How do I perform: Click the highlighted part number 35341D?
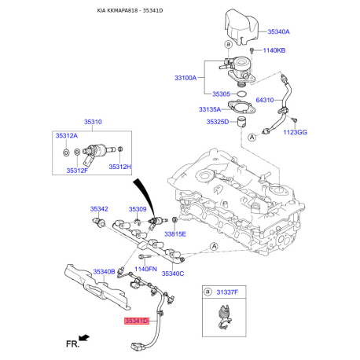(137, 321)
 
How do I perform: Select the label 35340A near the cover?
(278, 31)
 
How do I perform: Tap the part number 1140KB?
(274, 50)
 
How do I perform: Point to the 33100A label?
(186, 78)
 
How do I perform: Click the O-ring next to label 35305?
(241, 94)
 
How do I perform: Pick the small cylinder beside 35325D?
(241, 122)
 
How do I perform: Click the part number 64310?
(265, 100)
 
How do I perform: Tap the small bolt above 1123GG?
(295, 120)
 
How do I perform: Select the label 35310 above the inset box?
(93, 122)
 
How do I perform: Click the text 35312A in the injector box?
(67, 136)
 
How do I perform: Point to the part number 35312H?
(120, 167)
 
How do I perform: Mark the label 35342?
(99, 209)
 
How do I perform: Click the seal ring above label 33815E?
(174, 219)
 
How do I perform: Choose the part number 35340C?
(173, 274)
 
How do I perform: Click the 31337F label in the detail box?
(227, 292)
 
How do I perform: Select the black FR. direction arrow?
(84, 337)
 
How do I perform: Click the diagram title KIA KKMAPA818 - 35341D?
(130, 11)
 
